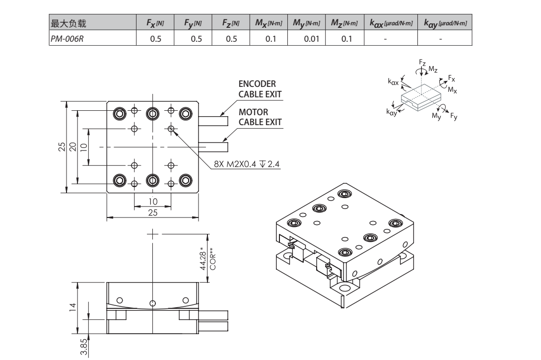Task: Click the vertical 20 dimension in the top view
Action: (72, 147)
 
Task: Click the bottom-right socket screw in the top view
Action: (186, 180)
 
